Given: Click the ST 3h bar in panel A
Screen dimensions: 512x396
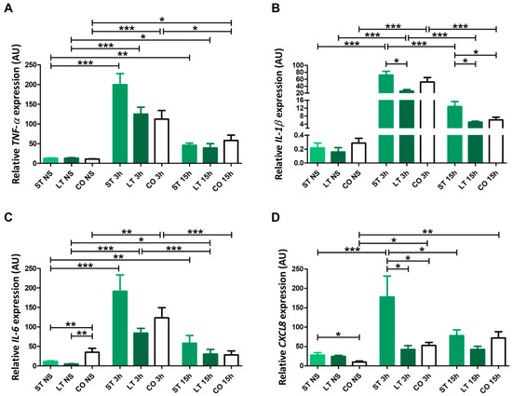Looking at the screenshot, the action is [120, 124].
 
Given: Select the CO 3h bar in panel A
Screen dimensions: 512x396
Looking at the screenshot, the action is [162, 141].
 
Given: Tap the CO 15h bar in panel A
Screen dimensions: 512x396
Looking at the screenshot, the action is [231, 152].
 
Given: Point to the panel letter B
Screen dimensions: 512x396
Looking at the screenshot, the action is [276, 8].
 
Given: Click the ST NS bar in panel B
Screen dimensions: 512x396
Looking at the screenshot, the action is [317, 156].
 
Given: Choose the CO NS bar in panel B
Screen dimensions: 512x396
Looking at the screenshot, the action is [358, 153].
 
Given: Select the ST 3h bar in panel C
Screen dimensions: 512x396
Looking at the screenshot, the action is [120, 328].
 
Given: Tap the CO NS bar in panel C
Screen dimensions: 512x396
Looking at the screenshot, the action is [92, 359].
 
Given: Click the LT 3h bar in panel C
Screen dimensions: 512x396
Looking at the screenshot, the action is [141, 349].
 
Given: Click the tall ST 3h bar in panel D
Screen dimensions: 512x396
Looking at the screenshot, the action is [387, 332].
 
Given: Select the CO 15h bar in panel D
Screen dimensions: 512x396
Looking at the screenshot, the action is [498, 352].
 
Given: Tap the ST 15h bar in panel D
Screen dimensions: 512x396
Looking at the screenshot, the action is [456, 350].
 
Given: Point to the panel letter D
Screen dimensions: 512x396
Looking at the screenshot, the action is [276, 217].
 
